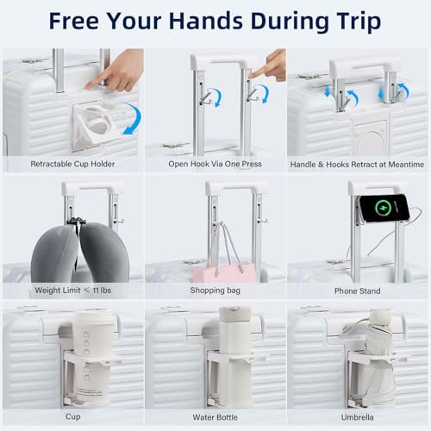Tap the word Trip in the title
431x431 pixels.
pos(359,22)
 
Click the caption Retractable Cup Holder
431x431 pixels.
pos(72,164)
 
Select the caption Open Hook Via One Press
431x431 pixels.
pos(215,164)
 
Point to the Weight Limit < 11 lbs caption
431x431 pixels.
pos(72,290)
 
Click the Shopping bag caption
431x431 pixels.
pos(215,290)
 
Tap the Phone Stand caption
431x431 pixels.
pos(358,290)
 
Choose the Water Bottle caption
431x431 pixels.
pos(215,417)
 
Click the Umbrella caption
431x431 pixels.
pos(358,417)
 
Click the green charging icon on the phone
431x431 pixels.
pos(384,207)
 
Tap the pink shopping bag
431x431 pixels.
pos(225,272)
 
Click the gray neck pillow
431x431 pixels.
pos(80,253)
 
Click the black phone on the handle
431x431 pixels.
pos(384,208)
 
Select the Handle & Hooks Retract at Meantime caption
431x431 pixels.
pos(357,165)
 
